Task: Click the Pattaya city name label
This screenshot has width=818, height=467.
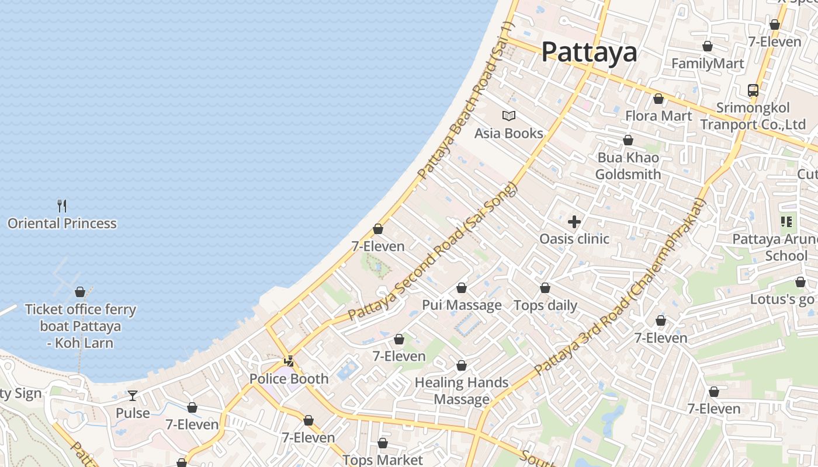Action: click(589, 51)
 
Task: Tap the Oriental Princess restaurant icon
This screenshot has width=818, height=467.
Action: click(63, 205)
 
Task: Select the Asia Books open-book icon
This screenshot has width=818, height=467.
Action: click(509, 116)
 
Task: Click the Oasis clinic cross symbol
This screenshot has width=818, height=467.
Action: click(574, 221)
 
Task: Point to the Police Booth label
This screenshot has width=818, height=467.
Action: click(289, 379)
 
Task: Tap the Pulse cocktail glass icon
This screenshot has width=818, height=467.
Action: click(133, 396)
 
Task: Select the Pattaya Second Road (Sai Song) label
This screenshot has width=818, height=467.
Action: click(433, 251)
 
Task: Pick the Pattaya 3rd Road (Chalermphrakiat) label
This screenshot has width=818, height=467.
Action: click(621, 287)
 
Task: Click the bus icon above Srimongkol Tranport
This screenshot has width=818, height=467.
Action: click(753, 90)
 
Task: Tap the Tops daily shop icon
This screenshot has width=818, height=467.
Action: click(545, 288)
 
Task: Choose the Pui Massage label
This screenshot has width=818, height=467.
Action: click(462, 305)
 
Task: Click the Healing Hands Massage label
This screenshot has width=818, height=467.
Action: click(462, 391)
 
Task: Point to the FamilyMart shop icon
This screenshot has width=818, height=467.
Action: click(708, 46)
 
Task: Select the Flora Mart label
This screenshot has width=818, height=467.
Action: click(658, 116)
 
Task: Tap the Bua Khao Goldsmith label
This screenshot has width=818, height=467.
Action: click(628, 166)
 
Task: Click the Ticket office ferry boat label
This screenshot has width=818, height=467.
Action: click(81, 326)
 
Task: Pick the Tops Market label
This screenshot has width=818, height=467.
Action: click(383, 459)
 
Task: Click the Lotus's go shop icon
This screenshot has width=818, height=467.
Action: click(800, 283)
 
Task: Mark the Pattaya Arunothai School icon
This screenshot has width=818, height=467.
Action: click(786, 222)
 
